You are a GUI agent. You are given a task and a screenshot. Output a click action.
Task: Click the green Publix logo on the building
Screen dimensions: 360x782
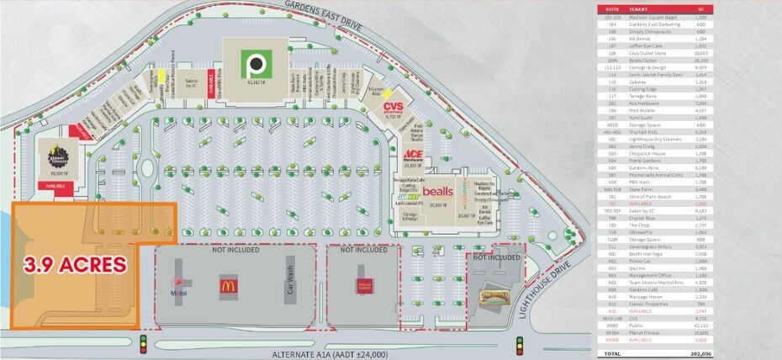pyautogui.click(x=253, y=62)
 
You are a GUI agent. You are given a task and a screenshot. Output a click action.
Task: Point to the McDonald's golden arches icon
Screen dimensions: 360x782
pyautogui.click(x=228, y=285)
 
